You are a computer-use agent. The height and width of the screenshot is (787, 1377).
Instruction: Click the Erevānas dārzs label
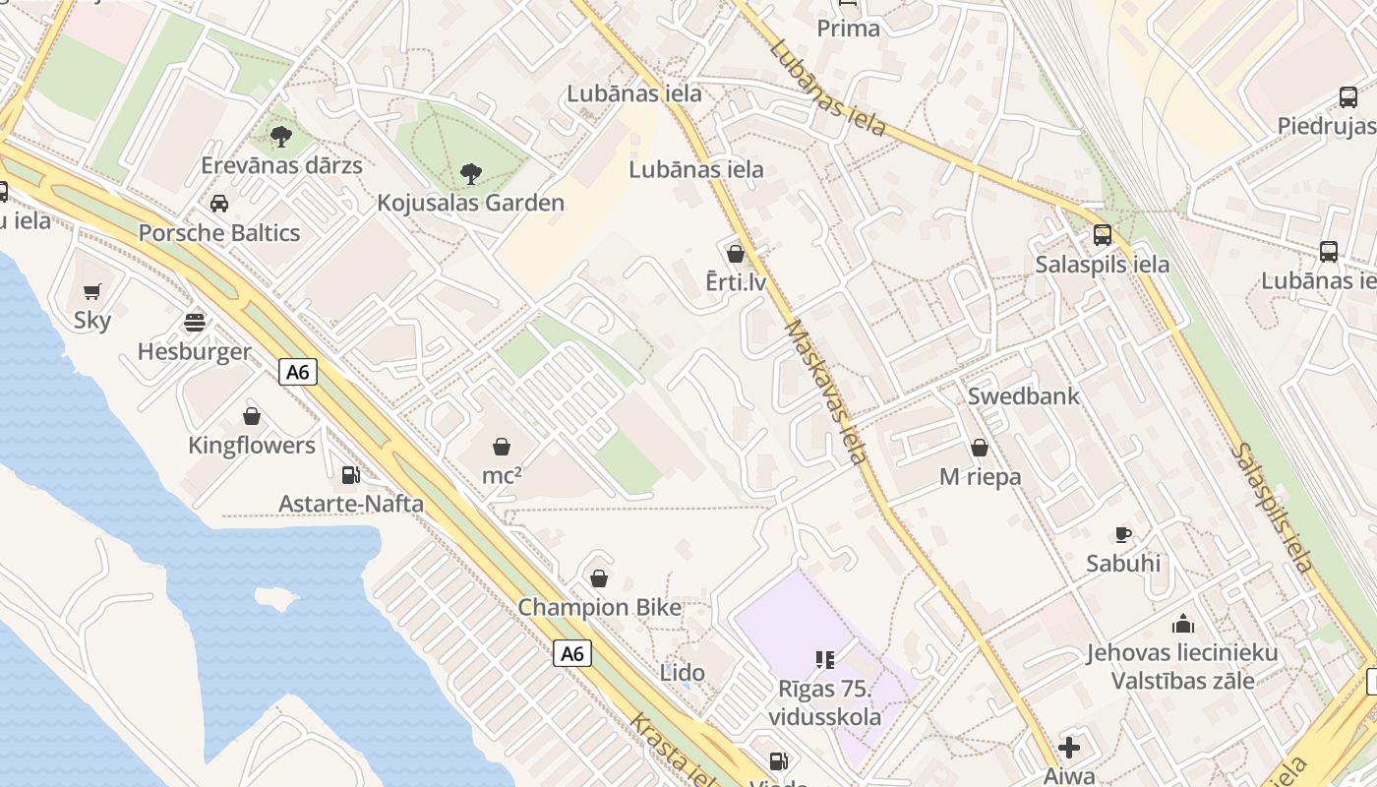[281, 165]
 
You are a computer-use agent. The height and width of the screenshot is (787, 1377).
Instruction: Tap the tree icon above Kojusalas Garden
[471, 174]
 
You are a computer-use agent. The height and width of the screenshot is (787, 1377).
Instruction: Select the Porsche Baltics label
[219, 233]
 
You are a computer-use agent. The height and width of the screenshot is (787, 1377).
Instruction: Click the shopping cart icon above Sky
[92, 291]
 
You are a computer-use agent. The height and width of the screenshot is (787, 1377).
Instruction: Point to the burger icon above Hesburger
[195, 323]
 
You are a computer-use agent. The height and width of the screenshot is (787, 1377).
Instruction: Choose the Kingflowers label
[252, 446]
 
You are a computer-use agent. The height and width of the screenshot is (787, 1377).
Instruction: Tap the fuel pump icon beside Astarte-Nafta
[350, 475]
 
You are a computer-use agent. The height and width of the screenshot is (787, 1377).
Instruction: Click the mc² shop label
[502, 476]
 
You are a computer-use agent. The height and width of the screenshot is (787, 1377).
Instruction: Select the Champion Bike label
[600, 608]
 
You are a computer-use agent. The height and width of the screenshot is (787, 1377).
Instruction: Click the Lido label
[683, 673]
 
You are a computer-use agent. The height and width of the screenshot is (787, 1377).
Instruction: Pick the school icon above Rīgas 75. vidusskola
[824, 659]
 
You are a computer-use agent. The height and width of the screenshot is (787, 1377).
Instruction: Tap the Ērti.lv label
[736, 283]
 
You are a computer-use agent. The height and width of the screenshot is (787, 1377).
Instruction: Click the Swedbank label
[1024, 396]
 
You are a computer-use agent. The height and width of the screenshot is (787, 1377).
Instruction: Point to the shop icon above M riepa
[980, 448]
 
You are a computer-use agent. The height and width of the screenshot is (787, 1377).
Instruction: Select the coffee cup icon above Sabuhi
[1123, 535]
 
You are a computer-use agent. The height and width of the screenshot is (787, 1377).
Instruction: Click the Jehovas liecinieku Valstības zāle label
[1182, 666]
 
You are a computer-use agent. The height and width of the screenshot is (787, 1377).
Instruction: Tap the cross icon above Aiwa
[1069, 748]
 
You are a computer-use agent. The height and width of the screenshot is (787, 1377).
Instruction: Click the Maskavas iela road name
[826, 392]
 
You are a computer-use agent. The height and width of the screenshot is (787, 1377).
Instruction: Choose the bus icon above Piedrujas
[1348, 97]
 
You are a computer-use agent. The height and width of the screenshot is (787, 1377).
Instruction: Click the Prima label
[848, 29]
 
